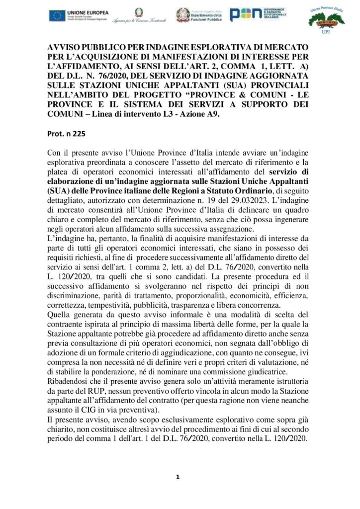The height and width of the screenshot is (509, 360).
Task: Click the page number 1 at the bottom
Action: click(178, 478)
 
